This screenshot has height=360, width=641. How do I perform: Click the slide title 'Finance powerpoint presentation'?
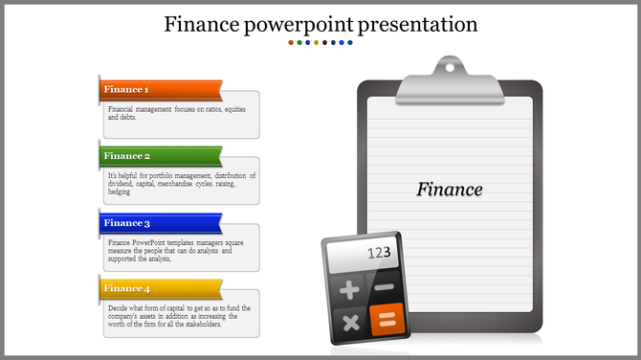pyautogui.click(x=320, y=23)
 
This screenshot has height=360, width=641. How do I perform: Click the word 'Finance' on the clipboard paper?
pyautogui.click(x=450, y=190)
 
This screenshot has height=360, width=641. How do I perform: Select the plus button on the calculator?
pyautogui.click(x=349, y=290)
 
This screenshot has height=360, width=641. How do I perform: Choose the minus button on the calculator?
pyautogui.click(x=385, y=287)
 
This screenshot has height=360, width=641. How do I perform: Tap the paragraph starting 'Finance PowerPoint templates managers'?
pyautogui.click(x=176, y=250)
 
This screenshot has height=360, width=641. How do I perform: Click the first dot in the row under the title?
pyautogui.click(x=291, y=43)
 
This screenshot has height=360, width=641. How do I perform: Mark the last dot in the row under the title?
pyautogui.click(x=350, y=43)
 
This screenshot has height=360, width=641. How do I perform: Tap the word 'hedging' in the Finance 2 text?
pyautogui.click(x=120, y=191)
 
